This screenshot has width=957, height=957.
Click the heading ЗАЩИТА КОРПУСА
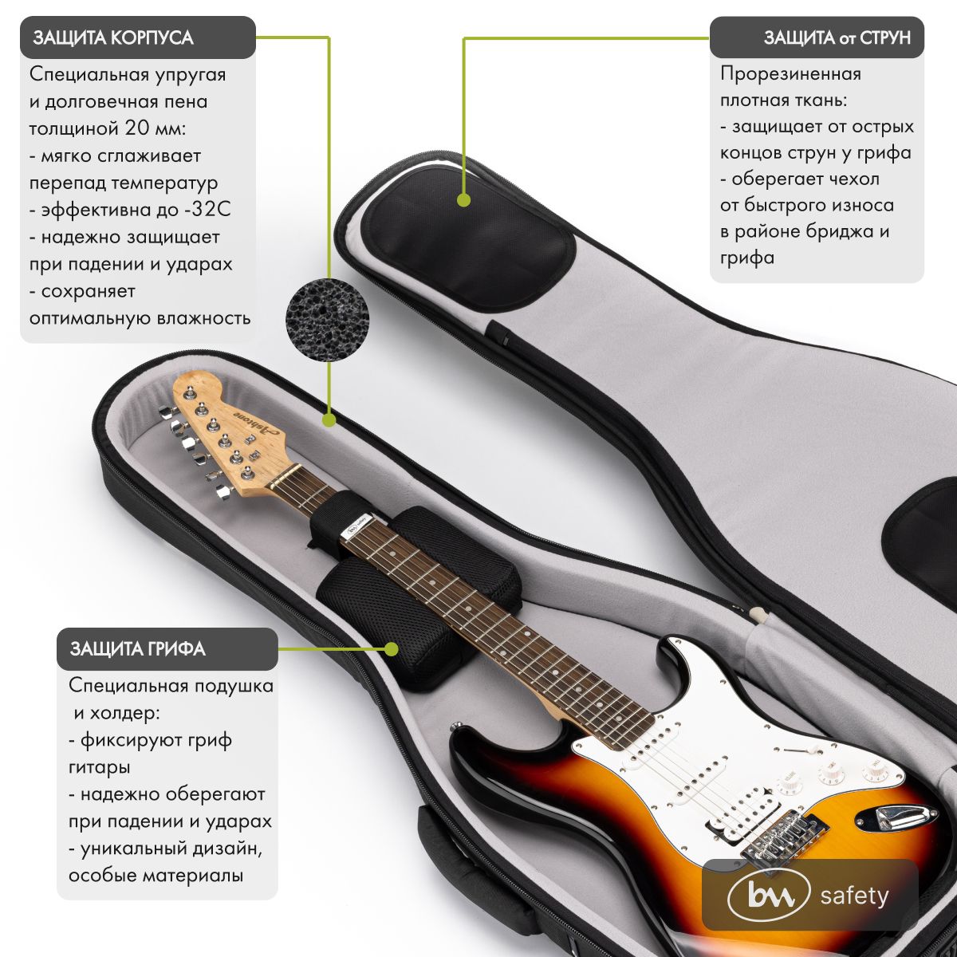pos(113,38)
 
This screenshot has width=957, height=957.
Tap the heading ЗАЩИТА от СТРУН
pos(837,38)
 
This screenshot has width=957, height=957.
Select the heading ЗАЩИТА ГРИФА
pos(138,649)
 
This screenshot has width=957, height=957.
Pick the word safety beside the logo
pos(854,896)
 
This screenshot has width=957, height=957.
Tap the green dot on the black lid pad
pos(463,202)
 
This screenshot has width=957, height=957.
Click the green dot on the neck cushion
pos(391,649)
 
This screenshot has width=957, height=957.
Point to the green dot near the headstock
pos(329,418)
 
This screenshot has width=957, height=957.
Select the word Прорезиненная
pos(790,74)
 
